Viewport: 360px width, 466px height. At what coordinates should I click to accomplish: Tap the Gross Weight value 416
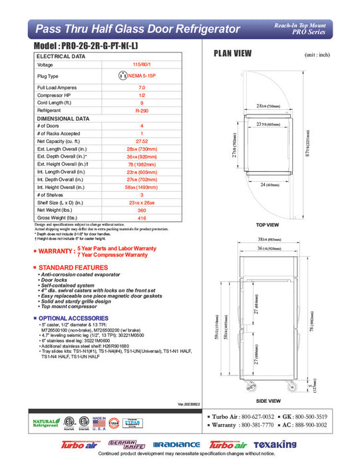[x=141, y=218]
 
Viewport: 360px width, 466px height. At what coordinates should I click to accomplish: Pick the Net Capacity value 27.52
[x=141, y=141]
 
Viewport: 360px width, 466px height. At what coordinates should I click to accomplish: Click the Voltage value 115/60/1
[x=141, y=65]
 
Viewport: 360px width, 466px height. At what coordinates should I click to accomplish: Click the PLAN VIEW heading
[x=232, y=53]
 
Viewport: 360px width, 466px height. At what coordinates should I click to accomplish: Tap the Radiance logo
[x=176, y=445]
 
